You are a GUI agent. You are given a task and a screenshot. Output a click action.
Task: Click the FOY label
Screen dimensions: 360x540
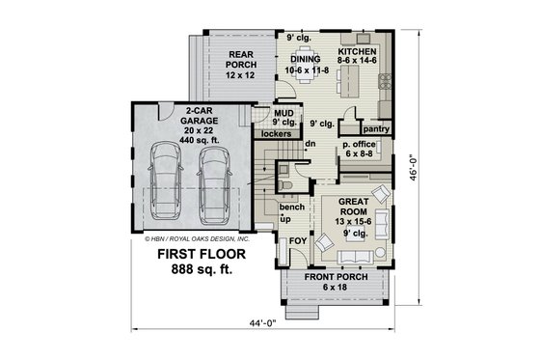[299, 240]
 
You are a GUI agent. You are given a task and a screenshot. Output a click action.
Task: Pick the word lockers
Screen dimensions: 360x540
[277, 133]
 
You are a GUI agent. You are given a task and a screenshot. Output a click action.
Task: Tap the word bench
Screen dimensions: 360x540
[292, 208]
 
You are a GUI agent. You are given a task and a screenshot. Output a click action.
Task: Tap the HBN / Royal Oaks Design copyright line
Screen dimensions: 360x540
[197, 237]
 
